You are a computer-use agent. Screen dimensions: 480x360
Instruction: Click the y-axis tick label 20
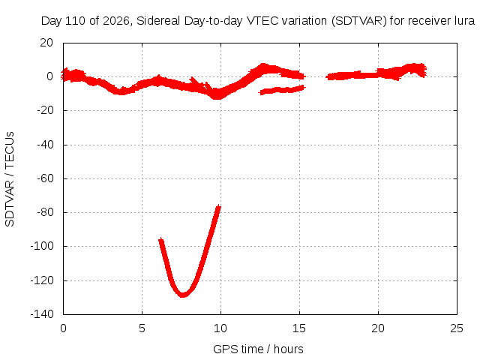click(x=46, y=43)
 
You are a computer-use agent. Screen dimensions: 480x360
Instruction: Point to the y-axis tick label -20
click(x=45, y=110)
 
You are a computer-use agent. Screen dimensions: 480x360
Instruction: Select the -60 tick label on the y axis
click(x=45, y=178)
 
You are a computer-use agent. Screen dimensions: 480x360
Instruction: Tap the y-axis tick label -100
click(x=42, y=246)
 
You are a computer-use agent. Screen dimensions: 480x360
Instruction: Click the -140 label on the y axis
click(x=42, y=313)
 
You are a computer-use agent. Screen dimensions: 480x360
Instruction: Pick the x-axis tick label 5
click(x=142, y=328)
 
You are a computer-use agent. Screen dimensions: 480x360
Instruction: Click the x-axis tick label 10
click(x=220, y=328)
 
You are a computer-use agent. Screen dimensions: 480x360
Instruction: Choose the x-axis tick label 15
click(x=299, y=328)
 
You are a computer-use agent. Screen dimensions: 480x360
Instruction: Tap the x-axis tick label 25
click(x=457, y=328)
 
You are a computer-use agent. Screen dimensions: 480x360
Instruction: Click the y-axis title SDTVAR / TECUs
click(x=10, y=179)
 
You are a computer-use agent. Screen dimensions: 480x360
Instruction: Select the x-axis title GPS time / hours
click(x=258, y=349)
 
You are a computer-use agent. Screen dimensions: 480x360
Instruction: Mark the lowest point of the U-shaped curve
click(x=183, y=295)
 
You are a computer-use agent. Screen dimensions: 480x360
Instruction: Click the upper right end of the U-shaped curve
click(x=218, y=207)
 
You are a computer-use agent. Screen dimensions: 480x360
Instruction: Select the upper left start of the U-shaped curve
click(x=160, y=240)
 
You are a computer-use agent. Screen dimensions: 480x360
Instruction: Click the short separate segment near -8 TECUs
click(x=282, y=90)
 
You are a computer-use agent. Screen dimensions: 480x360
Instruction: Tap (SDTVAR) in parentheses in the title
click(x=358, y=21)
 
